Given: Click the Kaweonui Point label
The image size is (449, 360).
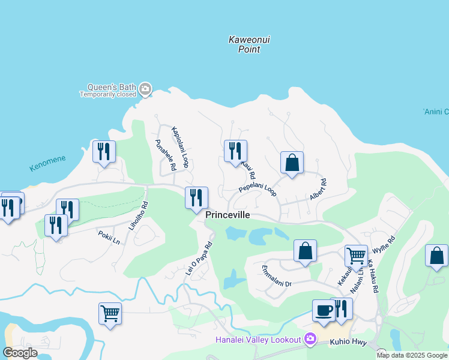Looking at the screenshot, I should [x=249, y=44].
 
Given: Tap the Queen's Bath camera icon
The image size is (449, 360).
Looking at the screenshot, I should [x=145, y=90].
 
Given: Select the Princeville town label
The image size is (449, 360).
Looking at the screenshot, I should [x=228, y=215].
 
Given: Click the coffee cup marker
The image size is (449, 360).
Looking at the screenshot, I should [x=324, y=311].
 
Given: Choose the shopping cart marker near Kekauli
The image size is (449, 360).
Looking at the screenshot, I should [x=356, y=256].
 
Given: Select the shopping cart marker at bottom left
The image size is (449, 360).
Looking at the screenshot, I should [x=110, y=313].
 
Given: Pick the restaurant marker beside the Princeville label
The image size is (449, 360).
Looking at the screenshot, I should [x=196, y=198].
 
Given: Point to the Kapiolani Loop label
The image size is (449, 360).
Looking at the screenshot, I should [x=180, y=146].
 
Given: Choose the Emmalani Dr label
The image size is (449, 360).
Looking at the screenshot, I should [x=276, y=279].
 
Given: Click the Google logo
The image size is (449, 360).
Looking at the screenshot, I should [x=20, y=353].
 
